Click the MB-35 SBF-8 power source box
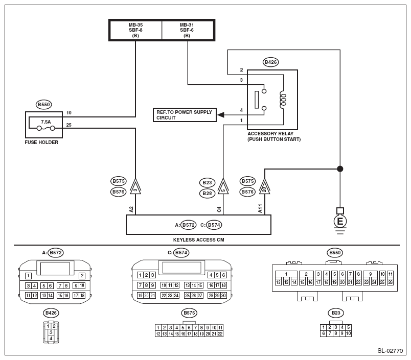(x=135, y=30)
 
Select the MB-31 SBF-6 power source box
(x=188, y=30)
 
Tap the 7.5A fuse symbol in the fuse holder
(x=46, y=128)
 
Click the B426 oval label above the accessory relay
(x=270, y=62)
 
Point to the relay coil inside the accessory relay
(x=283, y=100)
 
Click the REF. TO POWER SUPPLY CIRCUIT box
(x=185, y=115)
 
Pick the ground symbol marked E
(x=340, y=221)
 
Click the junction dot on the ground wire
(x=340, y=169)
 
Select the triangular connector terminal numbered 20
(x=264, y=186)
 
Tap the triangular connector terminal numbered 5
(x=223, y=186)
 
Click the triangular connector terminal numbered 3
(x=135, y=186)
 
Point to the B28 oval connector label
(x=207, y=193)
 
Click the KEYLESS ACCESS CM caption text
(x=198, y=239)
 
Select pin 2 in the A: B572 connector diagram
(x=82, y=276)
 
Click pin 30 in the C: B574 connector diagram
(x=223, y=296)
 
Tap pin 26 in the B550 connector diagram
(x=390, y=282)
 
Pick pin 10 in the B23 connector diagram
(x=348, y=333)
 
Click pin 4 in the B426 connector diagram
(x=51, y=338)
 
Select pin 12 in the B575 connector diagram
(x=158, y=334)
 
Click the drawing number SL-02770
(x=390, y=351)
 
